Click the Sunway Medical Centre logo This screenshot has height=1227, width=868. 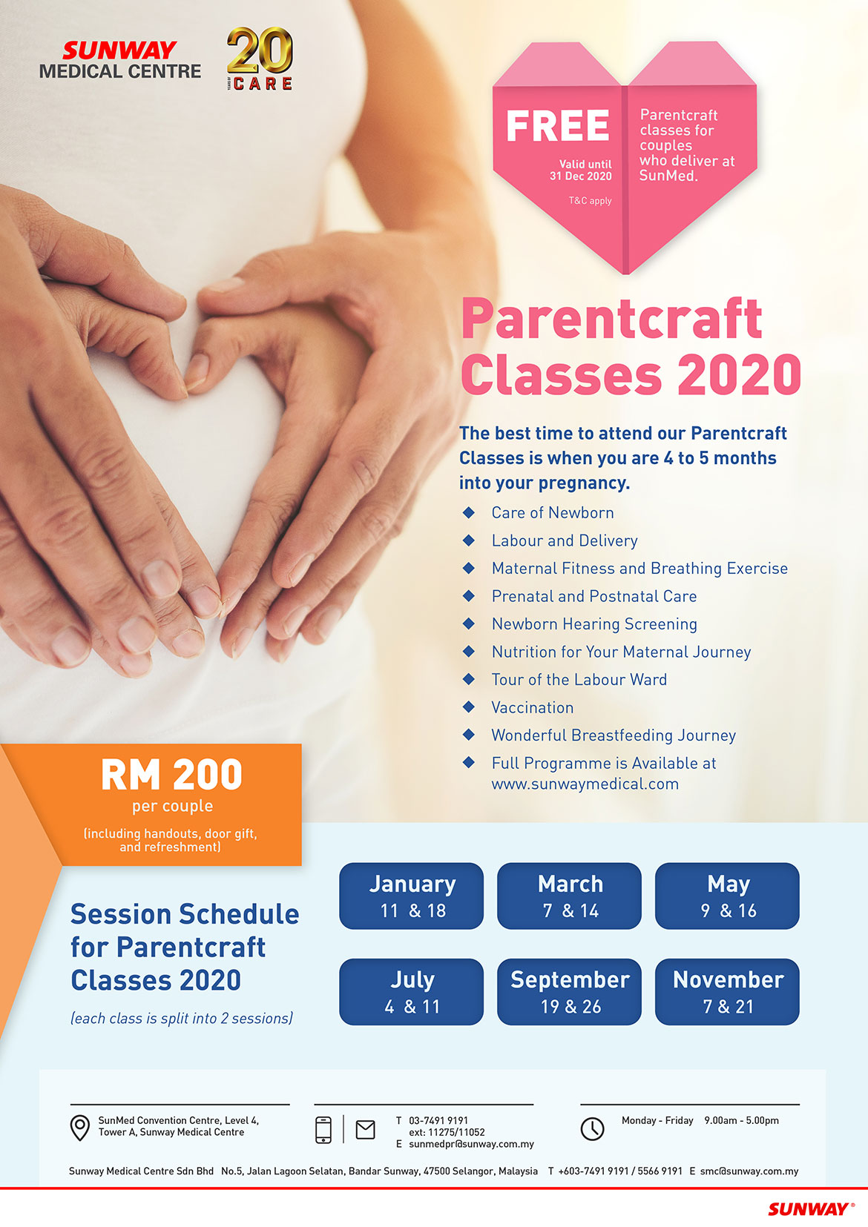(x=120, y=60)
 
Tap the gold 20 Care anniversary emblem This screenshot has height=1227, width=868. (x=260, y=59)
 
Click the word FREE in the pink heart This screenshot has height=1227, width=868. (x=557, y=126)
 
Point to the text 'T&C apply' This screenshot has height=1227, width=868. (x=590, y=201)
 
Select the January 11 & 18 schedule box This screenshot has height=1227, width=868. (x=412, y=896)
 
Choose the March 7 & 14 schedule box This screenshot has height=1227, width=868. (x=569, y=896)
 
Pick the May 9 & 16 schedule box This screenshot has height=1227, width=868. (x=727, y=896)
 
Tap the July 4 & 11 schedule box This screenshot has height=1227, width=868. (x=412, y=992)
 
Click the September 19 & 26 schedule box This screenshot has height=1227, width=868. (x=569, y=992)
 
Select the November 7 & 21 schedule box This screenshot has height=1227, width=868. (x=727, y=992)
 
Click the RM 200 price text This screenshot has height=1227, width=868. (x=171, y=775)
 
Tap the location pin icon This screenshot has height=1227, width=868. (x=80, y=1128)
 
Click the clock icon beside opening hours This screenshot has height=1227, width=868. (x=592, y=1129)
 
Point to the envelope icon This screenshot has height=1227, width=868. (x=366, y=1129)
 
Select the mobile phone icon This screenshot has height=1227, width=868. (x=323, y=1129)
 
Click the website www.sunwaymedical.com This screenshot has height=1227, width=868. (x=585, y=784)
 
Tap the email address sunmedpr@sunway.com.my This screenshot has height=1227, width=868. (x=471, y=1144)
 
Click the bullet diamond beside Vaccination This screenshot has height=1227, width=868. (x=469, y=707)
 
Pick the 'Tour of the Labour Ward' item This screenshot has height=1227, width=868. (x=579, y=680)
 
